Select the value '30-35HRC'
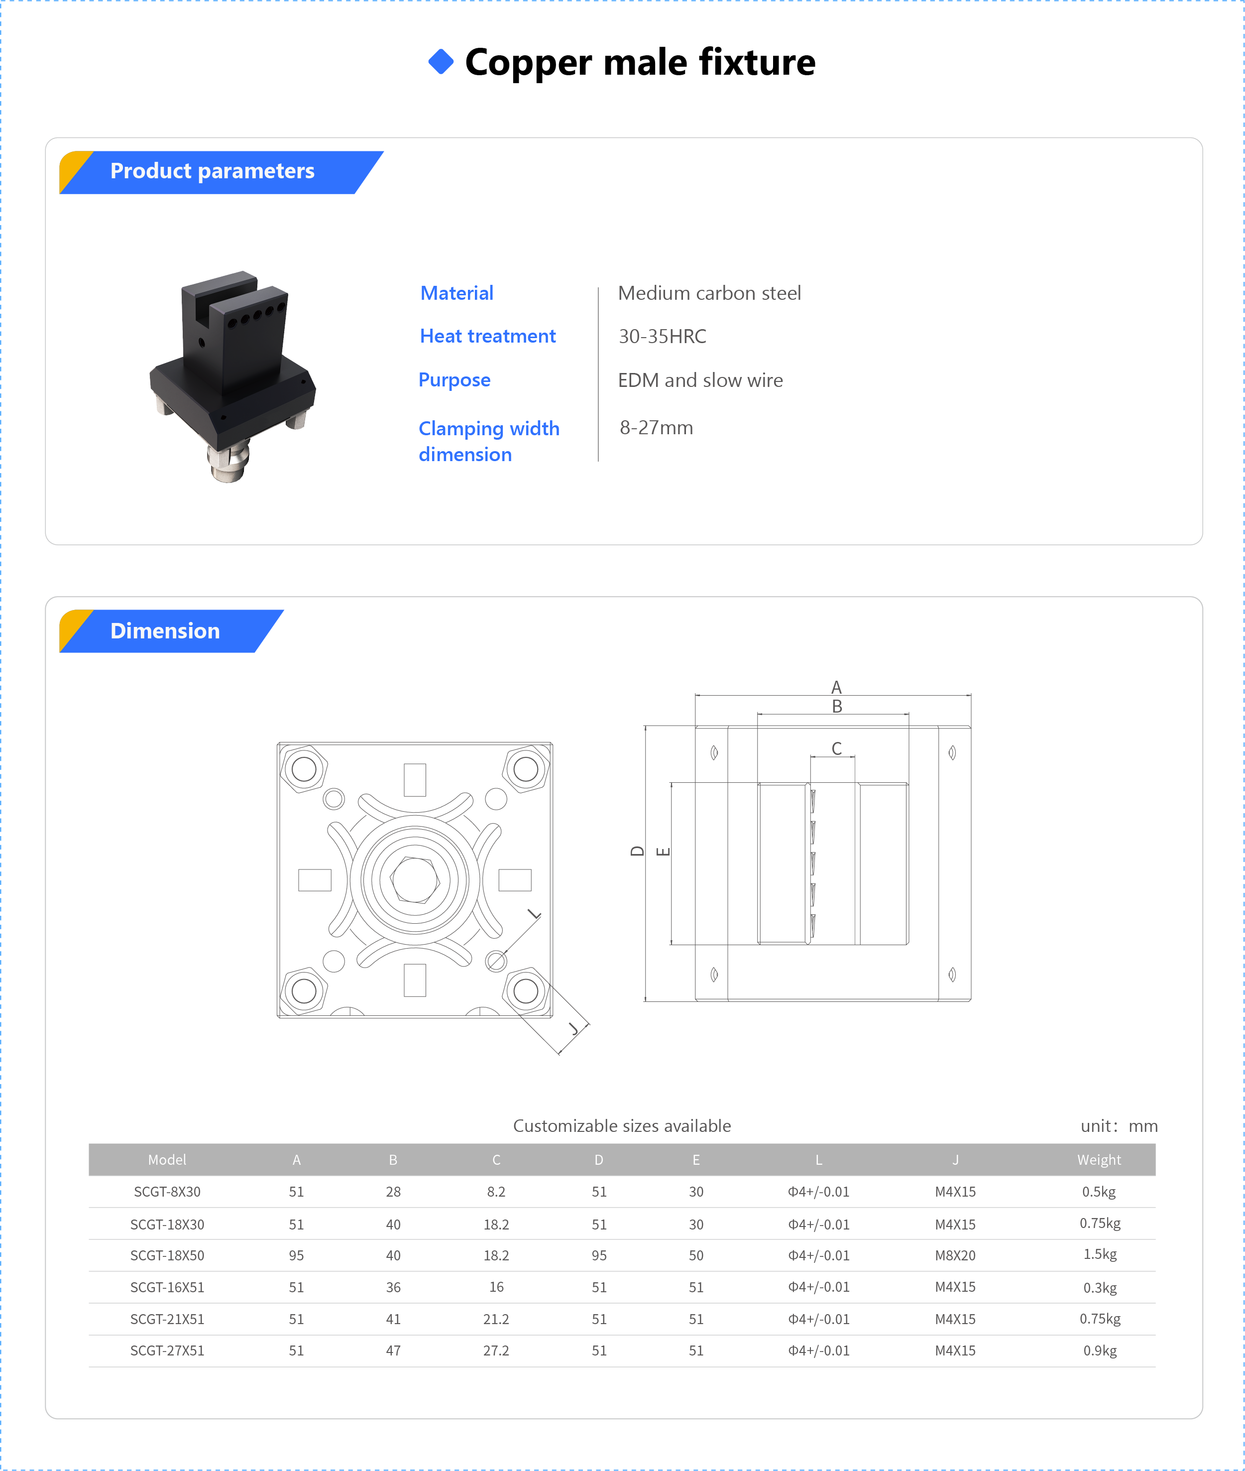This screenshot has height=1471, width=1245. click(x=662, y=336)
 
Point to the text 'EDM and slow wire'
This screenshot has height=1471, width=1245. click(x=700, y=380)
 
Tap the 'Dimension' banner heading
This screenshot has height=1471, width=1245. click(x=164, y=631)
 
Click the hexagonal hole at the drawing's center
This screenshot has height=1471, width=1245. click(x=415, y=879)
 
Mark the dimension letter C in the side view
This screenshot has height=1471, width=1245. click(x=836, y=748)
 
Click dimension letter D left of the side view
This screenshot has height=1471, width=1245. click(x=637, y=851)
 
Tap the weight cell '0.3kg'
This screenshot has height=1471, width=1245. click(x=1100, y=1287)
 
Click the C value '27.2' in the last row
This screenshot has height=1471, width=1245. click(x=496, y=1351)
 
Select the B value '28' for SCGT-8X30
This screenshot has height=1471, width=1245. click(x=393, y=1192)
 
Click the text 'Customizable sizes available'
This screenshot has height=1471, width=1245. click(x=622, y=1126)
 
